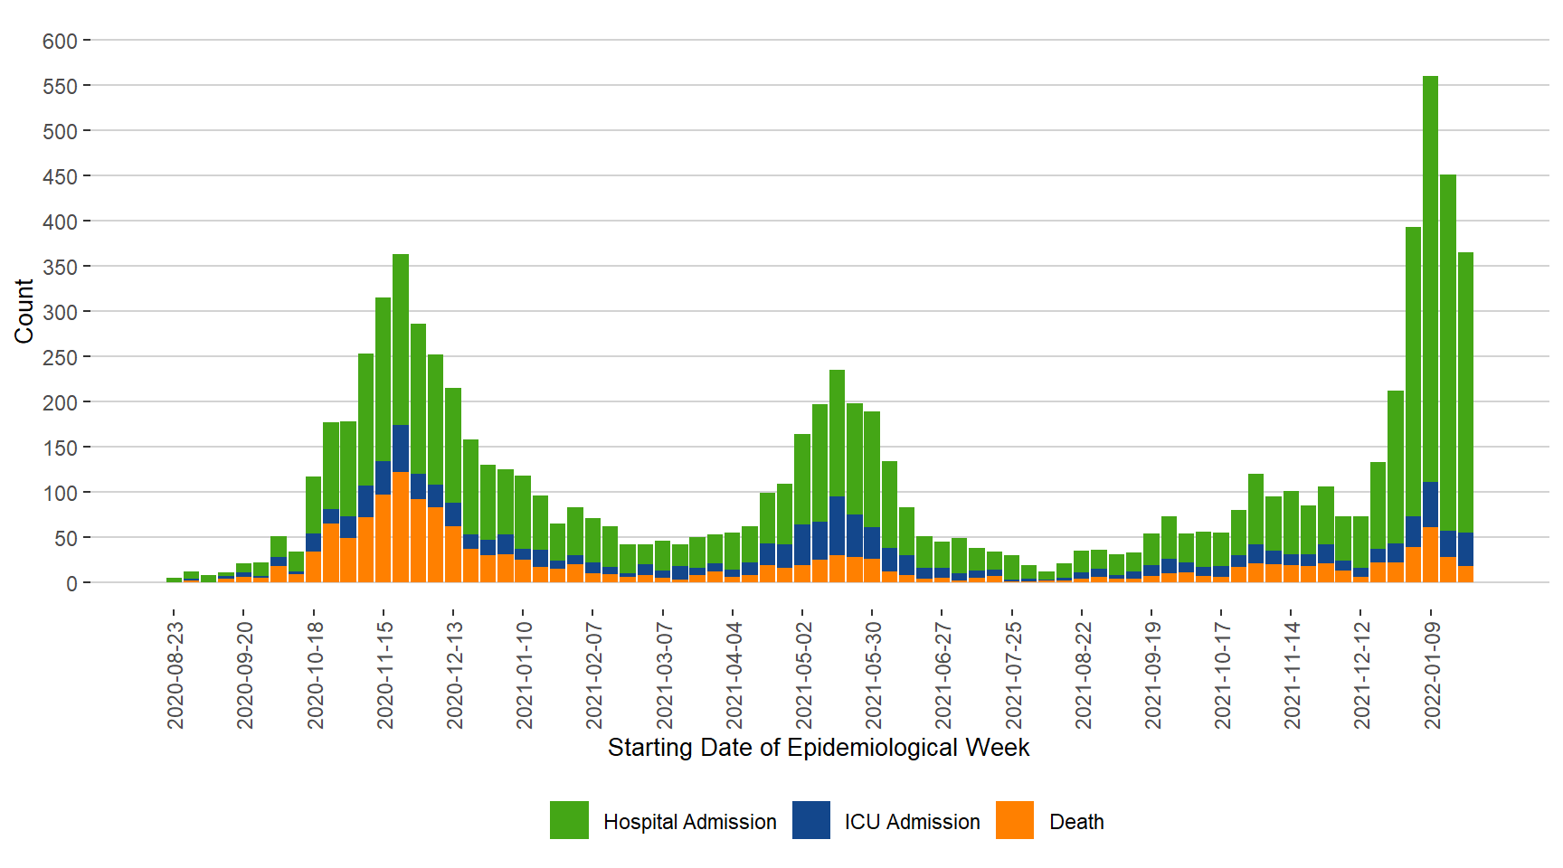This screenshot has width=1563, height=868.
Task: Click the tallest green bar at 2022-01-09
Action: tap(1430, 271)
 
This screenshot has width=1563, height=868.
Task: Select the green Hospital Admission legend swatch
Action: tap(569, 820)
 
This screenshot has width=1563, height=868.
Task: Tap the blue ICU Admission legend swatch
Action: tap(811, 820)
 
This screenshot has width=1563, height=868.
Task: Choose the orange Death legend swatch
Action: tap(1015, 820)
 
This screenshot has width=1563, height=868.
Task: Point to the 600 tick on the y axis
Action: tap(60, 41)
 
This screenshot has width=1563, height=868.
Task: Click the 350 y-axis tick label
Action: tap(60, 267)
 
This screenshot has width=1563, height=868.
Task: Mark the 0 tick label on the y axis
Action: tap(71, 583)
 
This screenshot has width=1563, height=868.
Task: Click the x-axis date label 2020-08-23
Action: tap(175, 675)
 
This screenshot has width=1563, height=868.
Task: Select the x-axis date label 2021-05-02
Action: tap(803, 675)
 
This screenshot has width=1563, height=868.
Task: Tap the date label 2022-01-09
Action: tap(1432, 675)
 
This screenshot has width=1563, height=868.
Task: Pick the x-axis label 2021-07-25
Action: tap(1013, 675)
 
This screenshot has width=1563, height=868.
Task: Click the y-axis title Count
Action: tap(24, 311)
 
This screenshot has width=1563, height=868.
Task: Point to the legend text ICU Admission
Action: tap(912, 822)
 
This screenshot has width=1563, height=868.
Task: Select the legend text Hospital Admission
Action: tap(689, 822)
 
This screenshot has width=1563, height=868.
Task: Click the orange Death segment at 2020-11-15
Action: tap(384, 538)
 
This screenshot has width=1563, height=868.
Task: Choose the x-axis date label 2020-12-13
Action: tap(454, 675)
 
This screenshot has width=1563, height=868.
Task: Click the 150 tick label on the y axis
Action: tap(60, 448)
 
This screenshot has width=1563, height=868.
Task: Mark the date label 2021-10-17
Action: tap(1222, 675)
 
